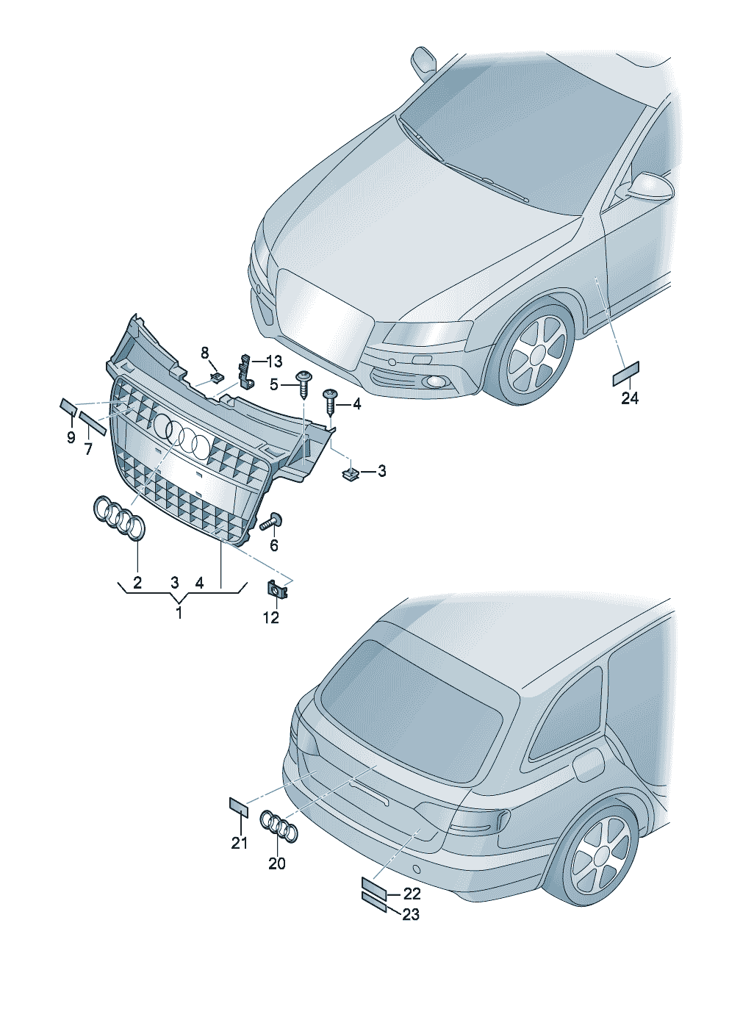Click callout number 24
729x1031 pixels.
tap(630, 398)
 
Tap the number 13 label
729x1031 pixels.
tap(274, 362)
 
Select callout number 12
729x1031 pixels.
tap(270, 617)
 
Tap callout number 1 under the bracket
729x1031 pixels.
tap(179, 613)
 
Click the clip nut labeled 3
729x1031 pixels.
tap(351, 473)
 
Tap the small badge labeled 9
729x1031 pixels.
tap(68, 407)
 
